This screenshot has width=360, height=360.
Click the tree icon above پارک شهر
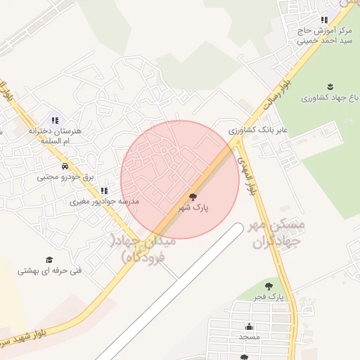tap(193, 198)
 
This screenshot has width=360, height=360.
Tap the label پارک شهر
tap(193, 209)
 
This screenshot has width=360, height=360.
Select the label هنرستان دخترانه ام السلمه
tap(56, 136)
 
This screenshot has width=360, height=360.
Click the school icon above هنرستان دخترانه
tap(56, 120)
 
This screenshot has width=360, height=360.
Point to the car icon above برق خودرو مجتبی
tap(65, 167)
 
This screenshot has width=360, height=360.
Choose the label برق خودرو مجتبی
tap(65, 178)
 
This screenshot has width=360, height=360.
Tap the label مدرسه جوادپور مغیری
tap(104, 202)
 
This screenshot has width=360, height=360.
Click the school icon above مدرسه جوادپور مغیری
tap(104, 190)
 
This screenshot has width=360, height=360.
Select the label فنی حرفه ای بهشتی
tap(49, 271)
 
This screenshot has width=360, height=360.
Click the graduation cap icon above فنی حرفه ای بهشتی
tap(49, 259)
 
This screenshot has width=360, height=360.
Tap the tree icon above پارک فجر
tap(269, 286)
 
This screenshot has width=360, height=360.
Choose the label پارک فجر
tap(269, 297)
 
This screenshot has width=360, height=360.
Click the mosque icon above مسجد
tap(249, 326)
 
